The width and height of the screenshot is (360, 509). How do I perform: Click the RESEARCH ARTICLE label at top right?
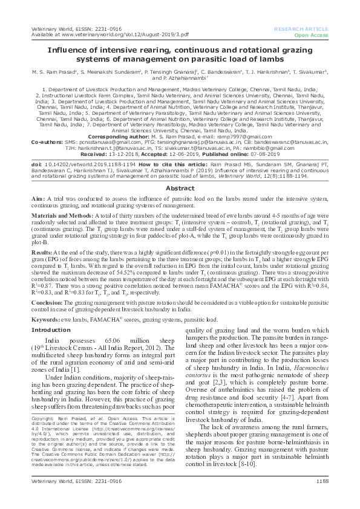tap(301, 29)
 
